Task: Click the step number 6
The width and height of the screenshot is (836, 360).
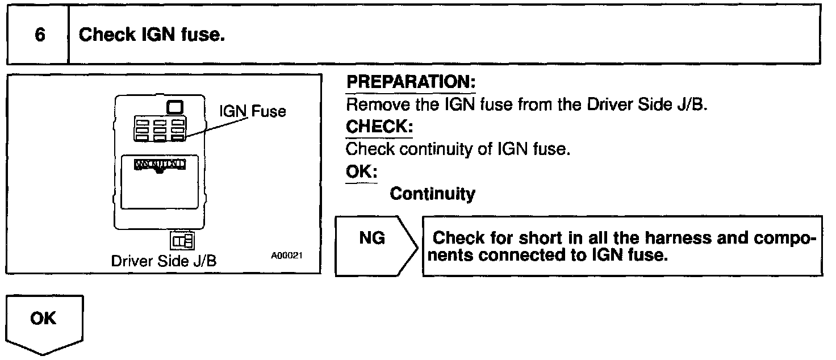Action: pos(39,35)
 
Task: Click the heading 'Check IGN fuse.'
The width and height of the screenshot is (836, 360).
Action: pos(152,35)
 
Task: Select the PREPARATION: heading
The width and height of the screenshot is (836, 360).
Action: pos(411,82)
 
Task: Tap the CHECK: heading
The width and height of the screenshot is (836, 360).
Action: pos(379,127)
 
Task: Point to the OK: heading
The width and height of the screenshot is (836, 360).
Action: pos(362,171)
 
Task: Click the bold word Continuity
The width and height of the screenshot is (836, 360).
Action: pos(432,194)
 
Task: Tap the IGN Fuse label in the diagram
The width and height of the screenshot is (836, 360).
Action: pos(253,111)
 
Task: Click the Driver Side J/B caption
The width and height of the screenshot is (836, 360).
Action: pos(164,262)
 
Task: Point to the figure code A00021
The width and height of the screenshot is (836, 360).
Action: pos(287,256)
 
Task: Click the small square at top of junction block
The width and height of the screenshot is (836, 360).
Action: pos(175,107)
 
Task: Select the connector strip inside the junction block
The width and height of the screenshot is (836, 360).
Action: pos(160,165)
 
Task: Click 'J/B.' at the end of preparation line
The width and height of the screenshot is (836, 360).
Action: pos(692,105)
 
